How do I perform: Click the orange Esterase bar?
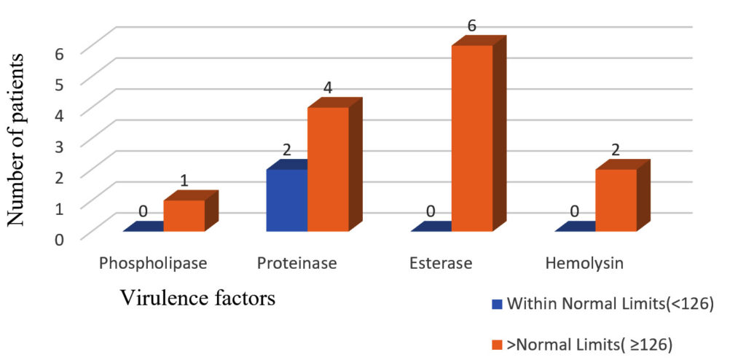coord(471,138)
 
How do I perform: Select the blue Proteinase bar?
coord(286,200)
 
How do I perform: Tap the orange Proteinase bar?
coord(328,169)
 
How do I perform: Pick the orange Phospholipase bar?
coord(184,216)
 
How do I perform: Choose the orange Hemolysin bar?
coord(616,200)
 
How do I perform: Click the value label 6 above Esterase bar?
coord(471,26)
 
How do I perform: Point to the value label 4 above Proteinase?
coord(328,88)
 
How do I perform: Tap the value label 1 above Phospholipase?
coord(184,180)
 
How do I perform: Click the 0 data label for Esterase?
coord(431,211)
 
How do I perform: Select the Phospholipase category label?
coord(153,263)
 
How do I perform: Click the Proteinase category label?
coord(297,263)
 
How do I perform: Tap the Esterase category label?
coord(441,263)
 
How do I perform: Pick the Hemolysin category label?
coord(584,263)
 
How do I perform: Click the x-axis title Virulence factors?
coord(198,298)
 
